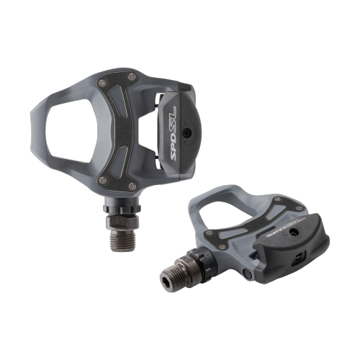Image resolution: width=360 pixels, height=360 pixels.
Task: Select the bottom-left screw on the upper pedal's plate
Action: tap(102, 179)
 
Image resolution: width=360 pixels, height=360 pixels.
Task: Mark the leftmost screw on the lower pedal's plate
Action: tap(210, 234)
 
